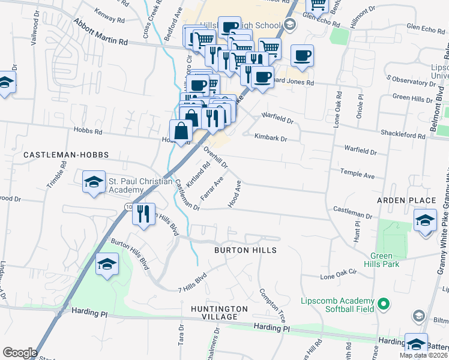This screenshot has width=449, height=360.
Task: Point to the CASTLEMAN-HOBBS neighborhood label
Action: tap(66, 155)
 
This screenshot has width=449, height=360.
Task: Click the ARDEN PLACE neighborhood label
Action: tap(406, 200)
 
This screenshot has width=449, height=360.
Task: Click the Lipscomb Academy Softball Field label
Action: tap(337, 305)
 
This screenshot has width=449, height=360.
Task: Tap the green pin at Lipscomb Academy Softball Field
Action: tap(380, 304)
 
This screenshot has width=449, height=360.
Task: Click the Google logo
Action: tap(20, 352)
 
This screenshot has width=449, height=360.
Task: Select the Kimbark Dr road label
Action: tap(271, 138)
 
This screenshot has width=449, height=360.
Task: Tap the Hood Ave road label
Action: tap(235, 194)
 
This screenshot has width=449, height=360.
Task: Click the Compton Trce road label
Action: tap(273, 304)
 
